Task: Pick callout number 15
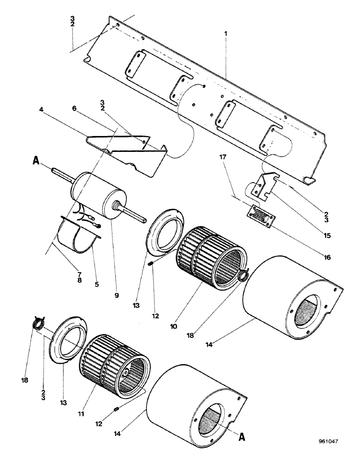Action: click(x=326, y=236)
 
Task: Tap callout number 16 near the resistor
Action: click(x=326, y=256)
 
